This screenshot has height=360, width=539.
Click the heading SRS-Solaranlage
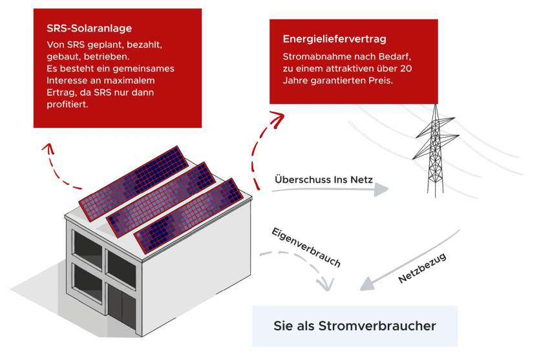[89, 29]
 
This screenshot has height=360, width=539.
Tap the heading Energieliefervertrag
[335, 39]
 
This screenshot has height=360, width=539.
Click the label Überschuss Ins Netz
[323, 179]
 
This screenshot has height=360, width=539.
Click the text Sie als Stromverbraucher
[354, 326]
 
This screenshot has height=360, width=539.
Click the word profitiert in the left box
[68, 105]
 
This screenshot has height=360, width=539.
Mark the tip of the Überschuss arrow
[388, 189]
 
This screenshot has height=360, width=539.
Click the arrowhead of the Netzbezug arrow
[366, 284]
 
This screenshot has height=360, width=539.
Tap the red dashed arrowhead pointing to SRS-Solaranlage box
[47, 145]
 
